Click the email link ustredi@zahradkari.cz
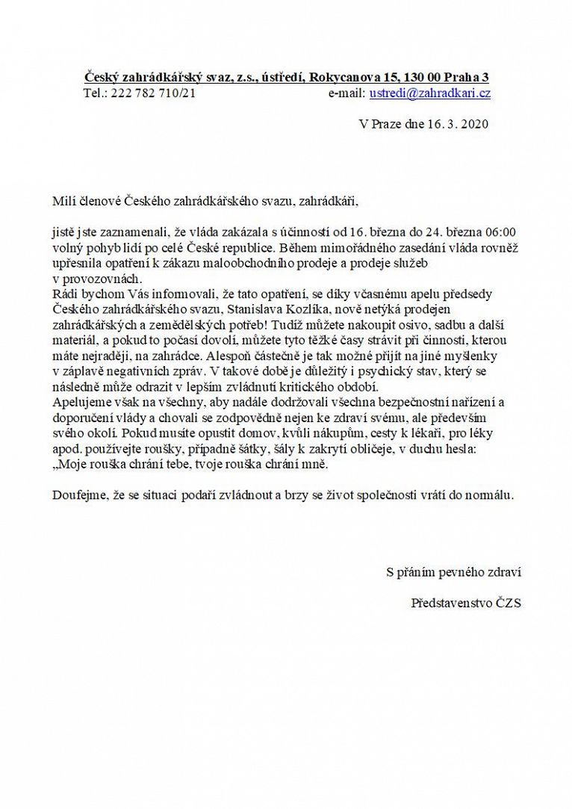pos(430,93)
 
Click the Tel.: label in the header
pos(96,93)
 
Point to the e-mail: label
pos(346,93)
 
